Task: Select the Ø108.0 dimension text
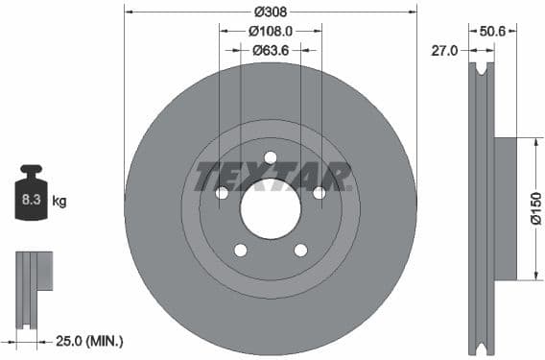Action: (271, 31)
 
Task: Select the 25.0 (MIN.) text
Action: (90, 341)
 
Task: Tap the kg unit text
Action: (59, 202)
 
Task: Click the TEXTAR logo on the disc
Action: (272, 177)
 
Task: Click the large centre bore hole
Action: (271, 208)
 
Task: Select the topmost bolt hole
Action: (271, 157)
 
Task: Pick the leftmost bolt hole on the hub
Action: (222, 193)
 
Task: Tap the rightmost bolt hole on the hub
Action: (320, 193)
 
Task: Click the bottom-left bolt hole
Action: (241, 251)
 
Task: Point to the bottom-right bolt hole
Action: (300, 251)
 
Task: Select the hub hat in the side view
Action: (505, 209)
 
